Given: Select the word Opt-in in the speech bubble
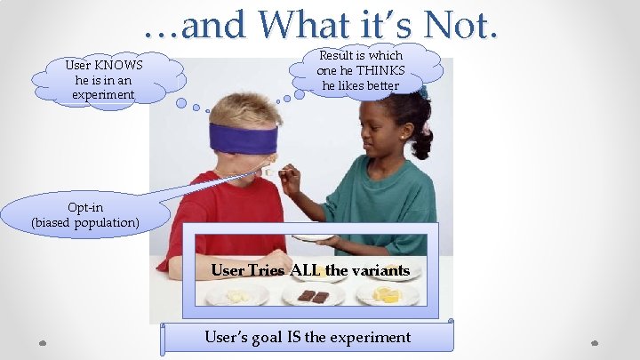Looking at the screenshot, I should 85,207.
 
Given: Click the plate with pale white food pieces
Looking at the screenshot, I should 236,296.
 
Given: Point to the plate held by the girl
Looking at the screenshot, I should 315,238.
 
